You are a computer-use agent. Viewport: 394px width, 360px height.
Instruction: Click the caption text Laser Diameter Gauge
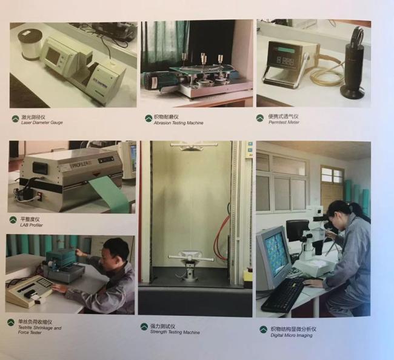click(42, 122)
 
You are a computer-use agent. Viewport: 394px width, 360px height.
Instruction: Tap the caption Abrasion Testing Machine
click(178, 123)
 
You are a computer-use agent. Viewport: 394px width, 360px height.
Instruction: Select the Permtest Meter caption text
click(284, 122)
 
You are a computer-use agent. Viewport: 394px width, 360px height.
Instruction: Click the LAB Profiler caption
click(32, 225)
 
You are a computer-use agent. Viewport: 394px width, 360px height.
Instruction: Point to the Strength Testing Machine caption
click(175, 332)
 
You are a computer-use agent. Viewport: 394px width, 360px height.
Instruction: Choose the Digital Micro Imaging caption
click(292, 335)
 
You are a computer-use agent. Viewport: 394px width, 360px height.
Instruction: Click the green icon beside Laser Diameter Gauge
click(15, 119)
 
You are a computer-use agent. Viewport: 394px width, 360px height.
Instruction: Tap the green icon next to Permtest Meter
click(260, 118)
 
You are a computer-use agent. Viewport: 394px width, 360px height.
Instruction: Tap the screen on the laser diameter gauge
click(53, 56)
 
